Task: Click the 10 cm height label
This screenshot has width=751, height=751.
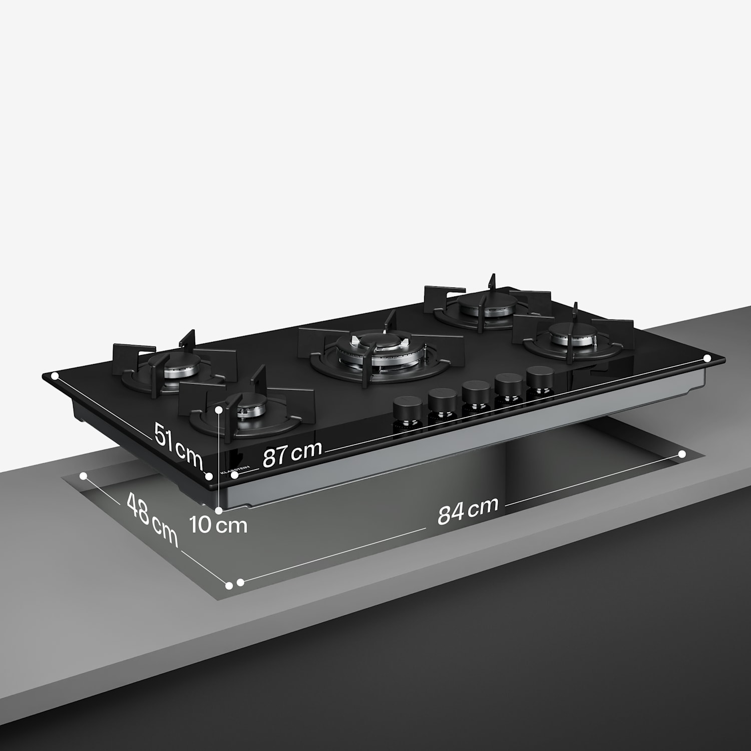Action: [218, 525]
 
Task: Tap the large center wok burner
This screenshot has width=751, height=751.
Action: [380, 351]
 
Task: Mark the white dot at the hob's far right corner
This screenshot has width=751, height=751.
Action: [707, 358]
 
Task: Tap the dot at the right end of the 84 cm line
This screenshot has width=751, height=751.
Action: [682, 454]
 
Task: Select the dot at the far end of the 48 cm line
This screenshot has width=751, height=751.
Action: [84, 476]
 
